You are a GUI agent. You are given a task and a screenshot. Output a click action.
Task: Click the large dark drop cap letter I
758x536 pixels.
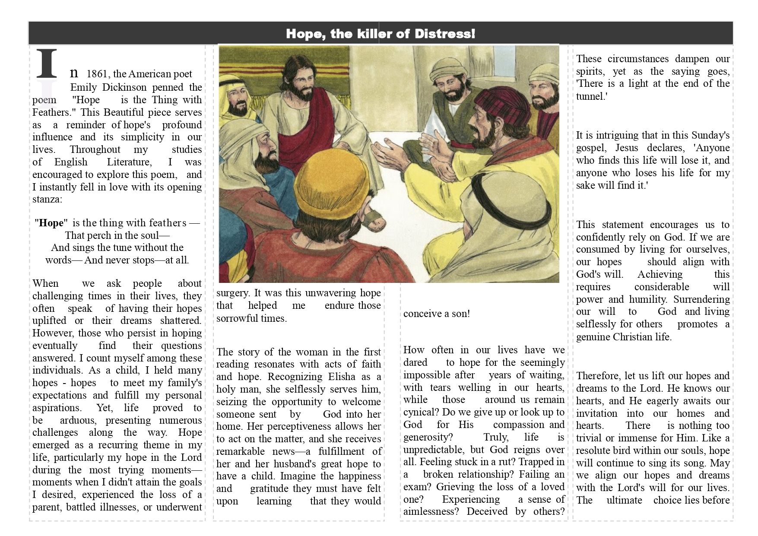point(47,64)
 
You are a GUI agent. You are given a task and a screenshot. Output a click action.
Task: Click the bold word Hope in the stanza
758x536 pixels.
point(51,223)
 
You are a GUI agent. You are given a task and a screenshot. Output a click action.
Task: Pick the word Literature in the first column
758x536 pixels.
point(129,162)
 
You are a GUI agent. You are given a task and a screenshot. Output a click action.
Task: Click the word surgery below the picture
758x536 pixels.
point(233,293)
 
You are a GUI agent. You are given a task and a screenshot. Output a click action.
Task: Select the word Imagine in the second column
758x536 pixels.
point(299,476)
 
